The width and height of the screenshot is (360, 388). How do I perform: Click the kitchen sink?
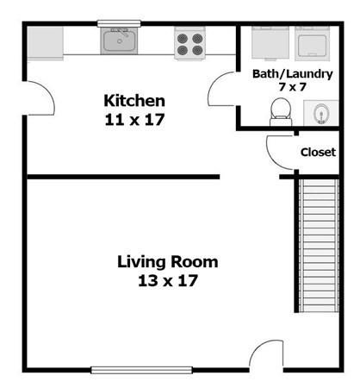pyautogui.click(x=119, y=41)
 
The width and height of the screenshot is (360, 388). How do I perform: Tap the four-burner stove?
pyautogui.click(x=189, y=43)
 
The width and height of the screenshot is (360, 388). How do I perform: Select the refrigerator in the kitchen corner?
pyautogui.click(x=46, y=43)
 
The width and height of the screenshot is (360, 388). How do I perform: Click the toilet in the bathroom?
pyautogui.click(x=281, y=112)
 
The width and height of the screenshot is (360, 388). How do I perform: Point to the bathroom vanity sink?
pyautogui.click(x=321, y=113)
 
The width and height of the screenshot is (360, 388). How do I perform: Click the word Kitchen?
pyautogui.click(x=134, y=101)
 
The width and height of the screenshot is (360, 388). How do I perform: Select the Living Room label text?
pyautogui.click(x=168, y=262)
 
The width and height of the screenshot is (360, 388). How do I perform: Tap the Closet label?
pyautogui.click(x=318, y=152)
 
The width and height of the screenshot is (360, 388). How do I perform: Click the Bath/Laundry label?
pyautogui.click(x=293, y=74)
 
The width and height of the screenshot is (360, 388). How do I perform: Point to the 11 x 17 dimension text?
pyautogui.click(x=134, y=120)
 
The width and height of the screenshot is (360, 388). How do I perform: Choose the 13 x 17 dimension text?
pyautogui.click(x=168, y=280)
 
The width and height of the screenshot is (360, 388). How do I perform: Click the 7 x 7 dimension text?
pyautogui.click(x=293, y=86)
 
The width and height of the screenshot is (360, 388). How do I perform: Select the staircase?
pyautogui.click(x=319, y=246)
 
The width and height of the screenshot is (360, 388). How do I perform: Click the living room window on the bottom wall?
pyautogui.click(x=141, y=370)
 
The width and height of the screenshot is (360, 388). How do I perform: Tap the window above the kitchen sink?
pyautogui.click(x=119, y=23)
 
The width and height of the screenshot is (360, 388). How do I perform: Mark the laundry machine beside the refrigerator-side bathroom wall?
pyautogui.click(x=270, y=43)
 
